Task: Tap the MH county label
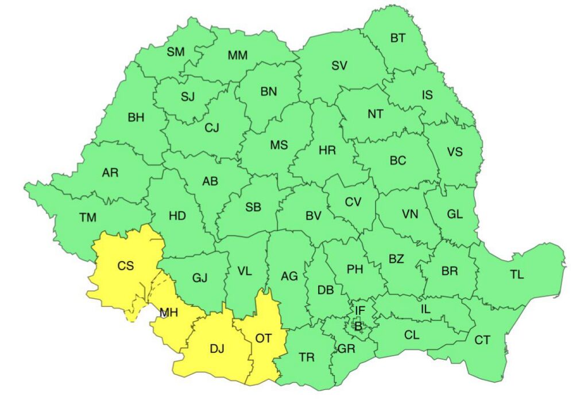coord(169,313)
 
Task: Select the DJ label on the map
coord(217,348)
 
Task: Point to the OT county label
coord(263,338)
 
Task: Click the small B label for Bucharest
coord(357,325)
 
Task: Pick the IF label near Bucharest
coord(359,310)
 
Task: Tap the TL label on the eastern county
coord(516,274)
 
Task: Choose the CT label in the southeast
coord(482,340)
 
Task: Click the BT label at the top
coord(398,38)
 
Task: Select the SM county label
coord(176,52)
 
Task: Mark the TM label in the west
coord(88,217)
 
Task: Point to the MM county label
coord(237,56)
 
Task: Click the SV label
coord(339,65)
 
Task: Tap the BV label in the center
coord(313,216)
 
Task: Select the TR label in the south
coord(307,357)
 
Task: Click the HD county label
coord(177,216)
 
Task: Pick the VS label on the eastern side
coord(455,152)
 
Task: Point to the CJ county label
coord(212,127)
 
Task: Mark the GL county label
coord(455,214)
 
